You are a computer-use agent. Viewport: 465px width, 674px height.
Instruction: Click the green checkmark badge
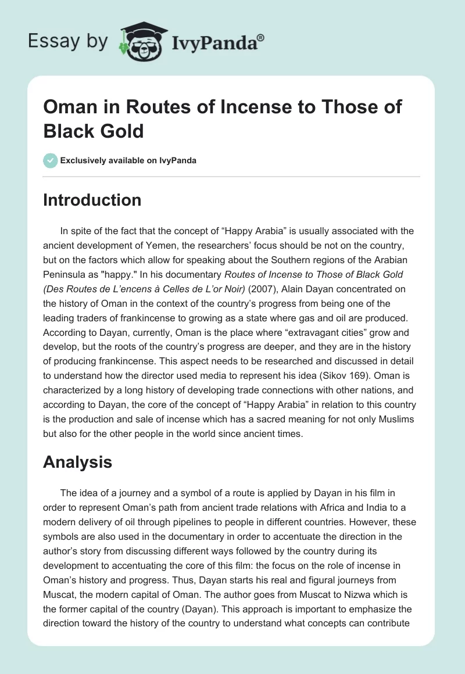[x=51, y=160]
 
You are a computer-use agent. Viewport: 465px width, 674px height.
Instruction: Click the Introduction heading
[x=92, y=200]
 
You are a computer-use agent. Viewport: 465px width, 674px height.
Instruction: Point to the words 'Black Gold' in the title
[x=94, y=131]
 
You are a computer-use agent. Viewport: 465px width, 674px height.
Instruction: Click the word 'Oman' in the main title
[x=69, y=107]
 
